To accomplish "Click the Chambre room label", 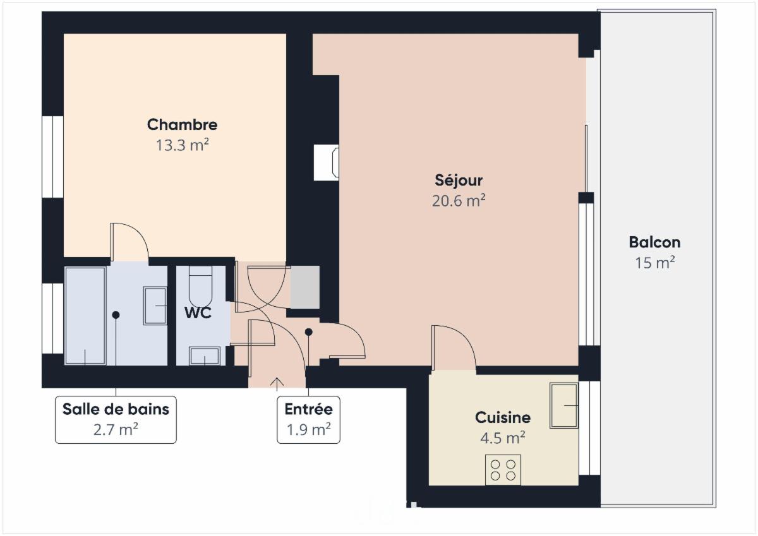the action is coord(182,124).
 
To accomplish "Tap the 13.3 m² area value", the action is coord(182,145).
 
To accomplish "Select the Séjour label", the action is coord(459,180).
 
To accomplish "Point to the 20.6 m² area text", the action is coord(459,200).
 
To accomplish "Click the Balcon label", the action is coord(654,242).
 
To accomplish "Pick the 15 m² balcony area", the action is coord(654,263).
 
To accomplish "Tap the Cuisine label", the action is coord(503,417).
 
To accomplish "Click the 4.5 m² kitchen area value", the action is coord(503,438).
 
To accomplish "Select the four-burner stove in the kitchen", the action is coord(503,470).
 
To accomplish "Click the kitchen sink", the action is coord(563,405).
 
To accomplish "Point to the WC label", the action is coord(198,313).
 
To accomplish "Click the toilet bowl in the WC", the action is coord(200,286).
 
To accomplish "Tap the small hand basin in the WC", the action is coord(205,356).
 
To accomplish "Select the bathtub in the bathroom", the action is coord(85,316).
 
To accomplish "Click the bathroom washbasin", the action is coord(155,306).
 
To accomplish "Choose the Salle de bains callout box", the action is coord(116,419).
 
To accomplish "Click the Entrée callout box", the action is coord(308,419).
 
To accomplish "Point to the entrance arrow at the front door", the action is coord(277,384).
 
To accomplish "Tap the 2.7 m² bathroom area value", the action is coord(116,429).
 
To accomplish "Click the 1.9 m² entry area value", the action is coord(308,429).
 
